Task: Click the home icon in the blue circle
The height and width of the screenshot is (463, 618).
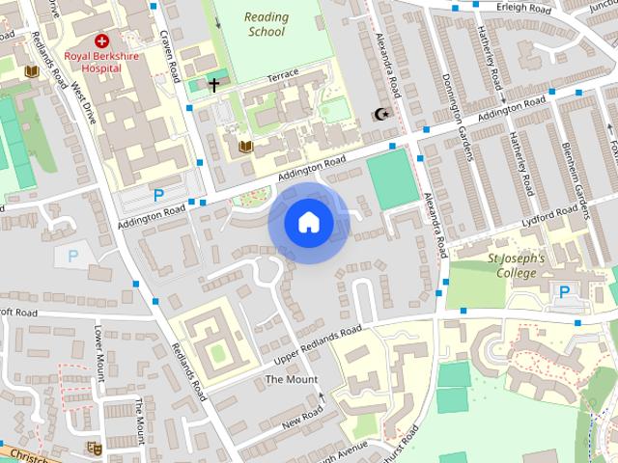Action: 309,223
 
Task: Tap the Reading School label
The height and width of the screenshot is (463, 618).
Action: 266,24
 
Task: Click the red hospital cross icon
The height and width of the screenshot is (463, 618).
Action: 101,41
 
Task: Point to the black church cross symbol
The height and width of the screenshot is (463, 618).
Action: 213,85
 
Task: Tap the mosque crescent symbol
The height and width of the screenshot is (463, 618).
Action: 380,115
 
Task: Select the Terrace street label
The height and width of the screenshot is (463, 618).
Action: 283,74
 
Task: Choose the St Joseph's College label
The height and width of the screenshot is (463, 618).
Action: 516,265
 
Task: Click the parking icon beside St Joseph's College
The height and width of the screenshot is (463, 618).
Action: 564,291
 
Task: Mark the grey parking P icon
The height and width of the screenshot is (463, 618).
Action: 71,257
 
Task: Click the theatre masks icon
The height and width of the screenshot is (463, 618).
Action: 95,448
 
